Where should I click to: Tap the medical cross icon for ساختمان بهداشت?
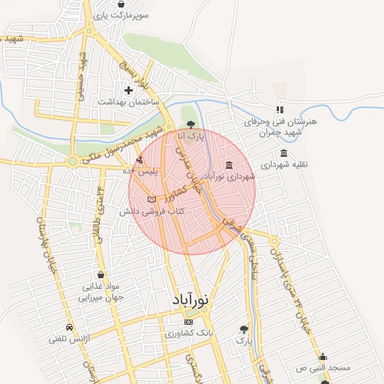[128, 90]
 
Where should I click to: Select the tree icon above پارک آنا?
[190, 124]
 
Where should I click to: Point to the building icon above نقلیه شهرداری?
[283, 153]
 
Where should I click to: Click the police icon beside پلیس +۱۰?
[140, 160]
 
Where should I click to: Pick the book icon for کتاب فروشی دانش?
[152, 200]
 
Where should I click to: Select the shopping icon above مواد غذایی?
[100, 274]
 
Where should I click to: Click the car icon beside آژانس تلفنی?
[69, 328]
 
